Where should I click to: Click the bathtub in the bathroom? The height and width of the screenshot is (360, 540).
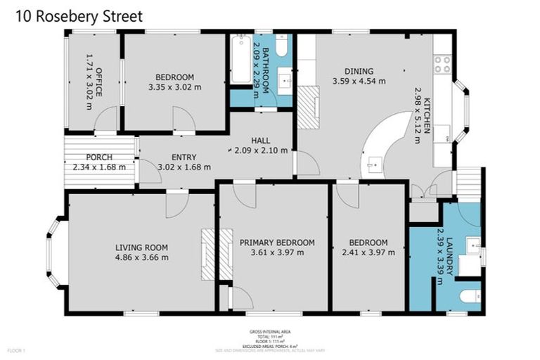(x=239, y=59)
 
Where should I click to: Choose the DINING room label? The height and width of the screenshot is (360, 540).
(x=358, y=70)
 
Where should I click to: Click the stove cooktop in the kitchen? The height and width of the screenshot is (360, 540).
(x=442, y=65)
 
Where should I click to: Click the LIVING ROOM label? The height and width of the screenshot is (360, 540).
(x=141, y=247)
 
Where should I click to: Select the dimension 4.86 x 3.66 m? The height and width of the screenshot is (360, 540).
(x=141, y=257)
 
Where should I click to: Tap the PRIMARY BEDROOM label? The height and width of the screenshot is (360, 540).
(x=277, y=243)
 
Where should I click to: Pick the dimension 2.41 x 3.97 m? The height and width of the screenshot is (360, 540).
(x=368, y=253)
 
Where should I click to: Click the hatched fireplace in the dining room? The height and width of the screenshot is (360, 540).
(x=309, y=108)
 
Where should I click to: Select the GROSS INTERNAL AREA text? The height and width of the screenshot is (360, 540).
(x=270, y=331)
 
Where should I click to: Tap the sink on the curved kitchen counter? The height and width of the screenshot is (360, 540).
(x=373, y=166)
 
